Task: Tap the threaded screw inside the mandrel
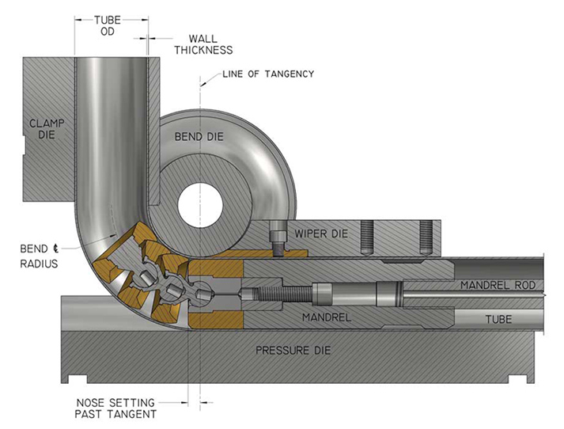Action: point(281,294)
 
